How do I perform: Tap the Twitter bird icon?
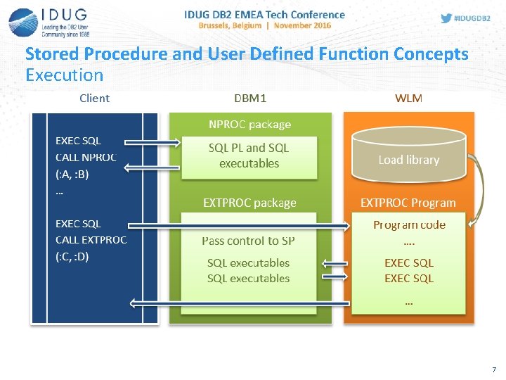446,18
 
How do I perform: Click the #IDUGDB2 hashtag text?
474,18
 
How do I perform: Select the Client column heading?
94,99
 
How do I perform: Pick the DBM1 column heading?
250,99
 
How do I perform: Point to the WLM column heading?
408,99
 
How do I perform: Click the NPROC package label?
249,125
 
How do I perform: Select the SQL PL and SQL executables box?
249,156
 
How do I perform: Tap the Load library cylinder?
408,156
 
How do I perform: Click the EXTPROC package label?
249,203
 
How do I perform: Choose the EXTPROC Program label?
408,203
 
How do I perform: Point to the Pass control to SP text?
248,241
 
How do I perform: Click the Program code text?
409,225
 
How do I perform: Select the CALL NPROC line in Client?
86,158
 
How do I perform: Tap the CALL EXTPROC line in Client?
91,240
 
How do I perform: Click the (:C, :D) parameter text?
72,257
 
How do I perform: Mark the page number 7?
494,369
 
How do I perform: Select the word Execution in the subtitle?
64,75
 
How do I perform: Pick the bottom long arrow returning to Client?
239,303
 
